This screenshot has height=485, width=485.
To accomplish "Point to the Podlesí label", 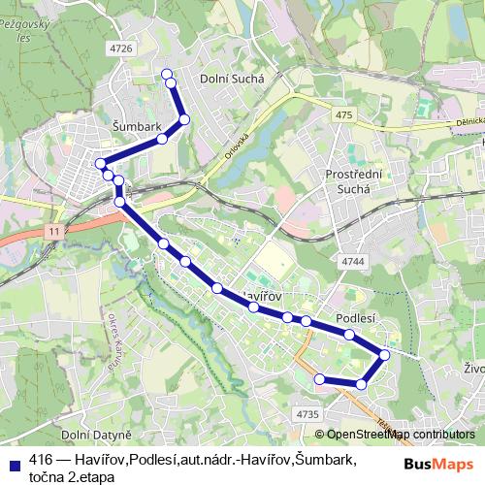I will click(355, 317).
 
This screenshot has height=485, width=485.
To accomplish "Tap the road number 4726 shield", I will click(121, 48).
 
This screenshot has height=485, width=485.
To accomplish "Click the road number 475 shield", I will click(344, 115).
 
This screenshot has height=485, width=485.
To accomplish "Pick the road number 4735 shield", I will click(307, 414).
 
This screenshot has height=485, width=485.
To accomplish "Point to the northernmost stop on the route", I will click(166, 73).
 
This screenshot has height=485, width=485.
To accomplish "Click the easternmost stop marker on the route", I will click(384, 355).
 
